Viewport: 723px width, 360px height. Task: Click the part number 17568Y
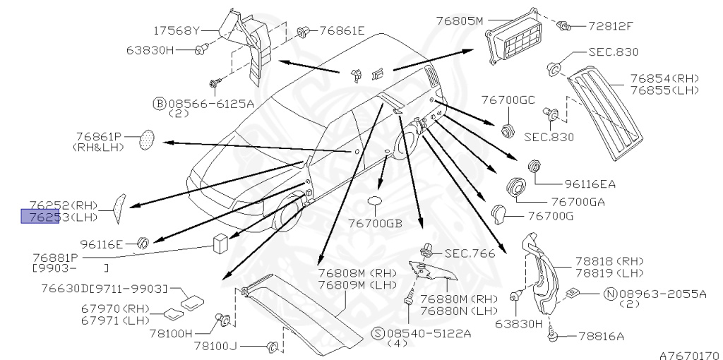pyautogui.click(x=177, y=31)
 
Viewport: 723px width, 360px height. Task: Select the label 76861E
pyautogui.click(x=342, y=30)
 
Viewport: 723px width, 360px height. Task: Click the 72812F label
pyautogui.click(x=611, y=26)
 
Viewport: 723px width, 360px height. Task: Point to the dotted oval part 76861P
pyautogui.click(x=148, y=140)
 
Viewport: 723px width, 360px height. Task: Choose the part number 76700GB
pyautogui.click(x=374, y=224)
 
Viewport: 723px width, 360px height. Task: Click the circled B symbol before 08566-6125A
pyautogui.click(x=159, y=103)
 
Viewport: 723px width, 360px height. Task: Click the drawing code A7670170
pyautogui.click(x=689, y=354)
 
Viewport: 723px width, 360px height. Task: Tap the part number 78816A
pyautogui.click(x=601, y=337)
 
